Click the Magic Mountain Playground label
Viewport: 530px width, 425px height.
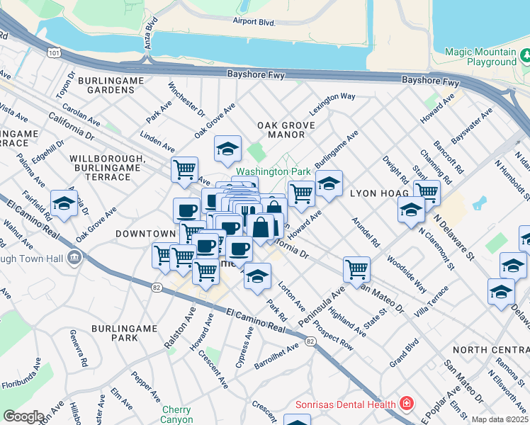(x=480, y=57)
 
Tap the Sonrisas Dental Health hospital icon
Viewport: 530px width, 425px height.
(x=407, y=404)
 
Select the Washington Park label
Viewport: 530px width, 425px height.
(x=274, y=171)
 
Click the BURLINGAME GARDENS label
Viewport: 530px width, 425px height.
(x=111, y=85)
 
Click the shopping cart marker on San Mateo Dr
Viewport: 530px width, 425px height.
(x=356, y=268)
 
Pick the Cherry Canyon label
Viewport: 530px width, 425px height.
(x=176, y=414)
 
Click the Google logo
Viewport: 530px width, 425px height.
(x=23, y=416)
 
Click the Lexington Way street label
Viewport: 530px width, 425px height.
(x=332, y=96)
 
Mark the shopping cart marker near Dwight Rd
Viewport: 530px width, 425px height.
(x=427, y=191)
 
